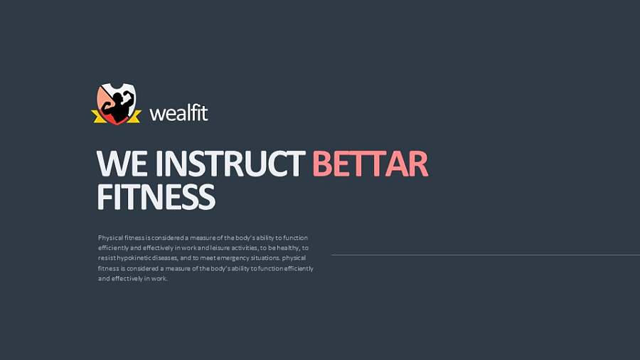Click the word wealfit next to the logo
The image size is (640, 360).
click(178, 113)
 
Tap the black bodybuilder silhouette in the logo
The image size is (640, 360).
click(117, 106)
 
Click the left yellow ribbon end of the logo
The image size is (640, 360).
click(98, 117)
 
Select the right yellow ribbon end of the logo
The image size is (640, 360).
click(134, 117)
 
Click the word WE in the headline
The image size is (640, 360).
click(122, 163)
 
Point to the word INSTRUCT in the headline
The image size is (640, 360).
click(230, 163)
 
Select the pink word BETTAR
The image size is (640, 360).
click(370, 163)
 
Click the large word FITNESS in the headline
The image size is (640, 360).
click(156, 196)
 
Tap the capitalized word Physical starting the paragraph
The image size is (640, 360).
click(110, 238)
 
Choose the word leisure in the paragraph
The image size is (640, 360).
click(220, 248)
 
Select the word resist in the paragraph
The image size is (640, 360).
click(107, 258)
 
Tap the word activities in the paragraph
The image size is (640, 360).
click(245, 248)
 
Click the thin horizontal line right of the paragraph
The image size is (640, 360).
click(486, 255)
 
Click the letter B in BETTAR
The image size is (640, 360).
click(322, 163)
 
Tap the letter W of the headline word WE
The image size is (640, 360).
click(113, 163)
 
